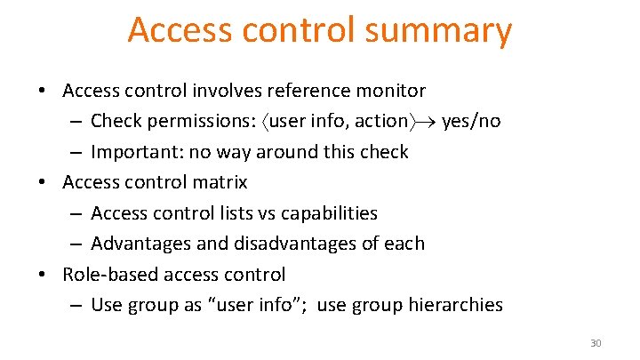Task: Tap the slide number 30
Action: coord(596,343)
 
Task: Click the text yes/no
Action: coord(470,121)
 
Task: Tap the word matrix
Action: coord(221,183)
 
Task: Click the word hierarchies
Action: coord(455,305)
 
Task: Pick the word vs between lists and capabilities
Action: coord(268,213)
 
